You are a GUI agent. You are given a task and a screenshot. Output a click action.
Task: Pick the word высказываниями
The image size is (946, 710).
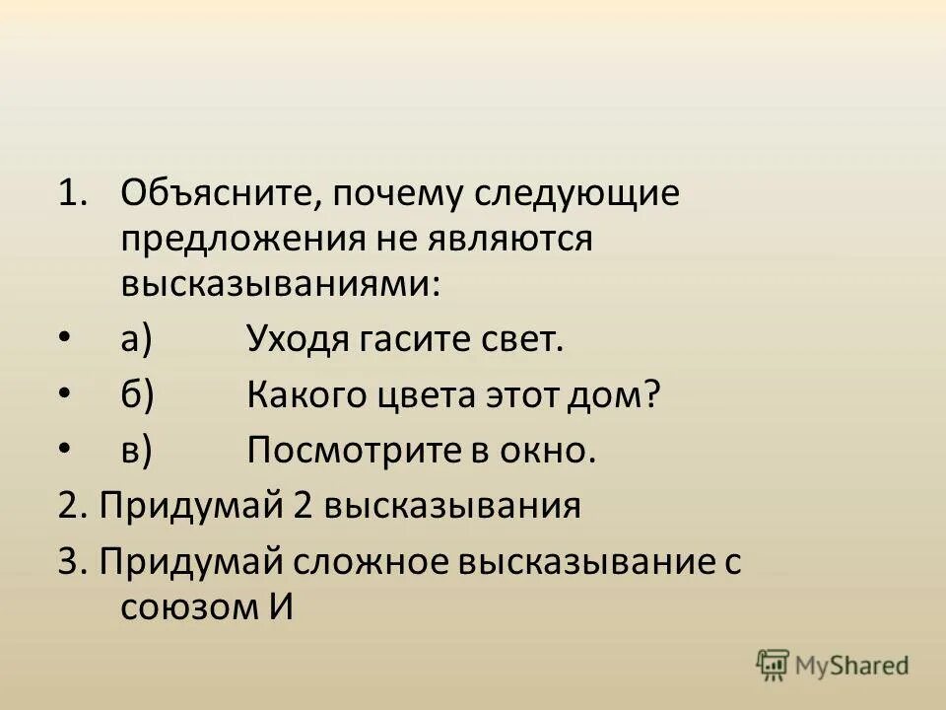(282, 284)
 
